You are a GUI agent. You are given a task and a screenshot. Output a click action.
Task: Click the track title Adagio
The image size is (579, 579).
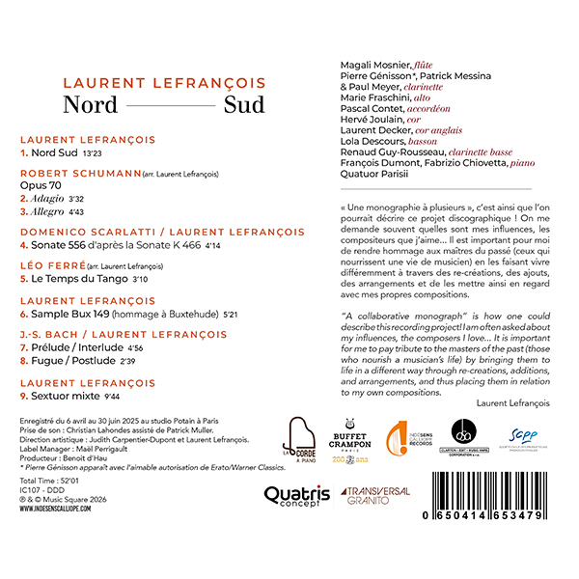(42, 197)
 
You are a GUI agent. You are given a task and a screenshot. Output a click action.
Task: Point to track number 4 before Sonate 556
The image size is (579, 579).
(24, 244)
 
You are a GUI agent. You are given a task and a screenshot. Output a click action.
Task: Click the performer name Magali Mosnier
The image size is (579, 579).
(375, 65)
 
